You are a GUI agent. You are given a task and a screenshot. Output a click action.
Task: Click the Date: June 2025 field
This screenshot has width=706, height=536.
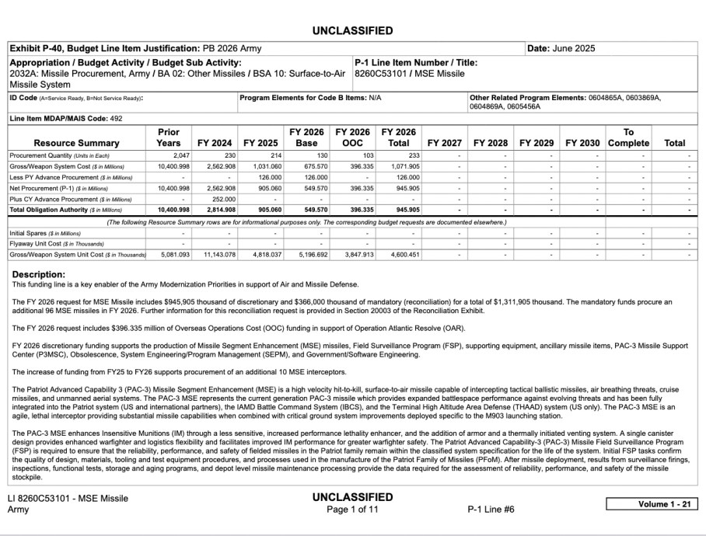pyautogui.click(x=561, y=48)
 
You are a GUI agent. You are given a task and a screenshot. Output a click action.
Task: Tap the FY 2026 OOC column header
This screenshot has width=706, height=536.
pyautogui.click(x=354, y=137)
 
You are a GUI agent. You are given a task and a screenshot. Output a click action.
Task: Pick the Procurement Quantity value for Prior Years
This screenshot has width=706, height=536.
pyautogui.click(x=176, y=155)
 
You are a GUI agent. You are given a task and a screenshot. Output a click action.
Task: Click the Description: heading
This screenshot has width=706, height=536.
pyautogui.click(x=40, y=274)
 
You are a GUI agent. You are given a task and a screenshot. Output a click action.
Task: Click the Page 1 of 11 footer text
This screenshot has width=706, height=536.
pyautogui.click(x=352, y=510)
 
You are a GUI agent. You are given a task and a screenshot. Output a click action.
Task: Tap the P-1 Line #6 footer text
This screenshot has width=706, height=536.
pyautogui.click(x=491, y=510)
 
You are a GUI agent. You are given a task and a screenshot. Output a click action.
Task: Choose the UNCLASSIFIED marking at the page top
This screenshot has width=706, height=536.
pyautogui.click(x=352, y=31)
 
